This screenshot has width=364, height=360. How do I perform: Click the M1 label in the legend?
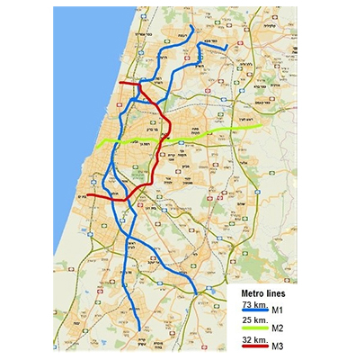pos(289,312)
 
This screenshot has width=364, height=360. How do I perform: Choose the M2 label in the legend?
pos(289,328)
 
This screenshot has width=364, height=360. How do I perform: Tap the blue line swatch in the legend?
pos(260,312)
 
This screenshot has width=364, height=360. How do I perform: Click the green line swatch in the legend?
pos(260,328)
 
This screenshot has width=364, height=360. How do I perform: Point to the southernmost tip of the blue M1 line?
pos(139,329)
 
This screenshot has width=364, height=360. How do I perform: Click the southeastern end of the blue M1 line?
pos(196,292)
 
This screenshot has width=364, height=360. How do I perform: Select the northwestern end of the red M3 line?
pos(120,85)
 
